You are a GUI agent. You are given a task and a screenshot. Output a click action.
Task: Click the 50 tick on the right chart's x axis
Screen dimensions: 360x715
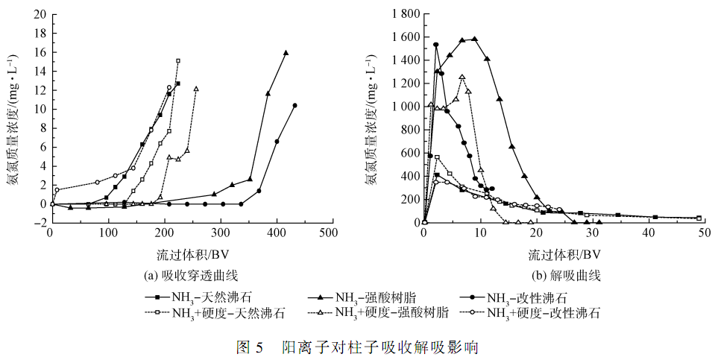[706, 233]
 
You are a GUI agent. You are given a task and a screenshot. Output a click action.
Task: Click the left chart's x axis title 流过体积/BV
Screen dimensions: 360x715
[188, 253]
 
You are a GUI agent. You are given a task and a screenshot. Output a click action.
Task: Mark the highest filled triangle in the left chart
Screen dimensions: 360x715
[286, 53]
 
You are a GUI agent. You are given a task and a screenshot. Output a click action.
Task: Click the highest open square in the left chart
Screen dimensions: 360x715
[178, 61]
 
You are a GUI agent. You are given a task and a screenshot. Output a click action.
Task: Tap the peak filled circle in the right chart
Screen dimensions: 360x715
[436, 45]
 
